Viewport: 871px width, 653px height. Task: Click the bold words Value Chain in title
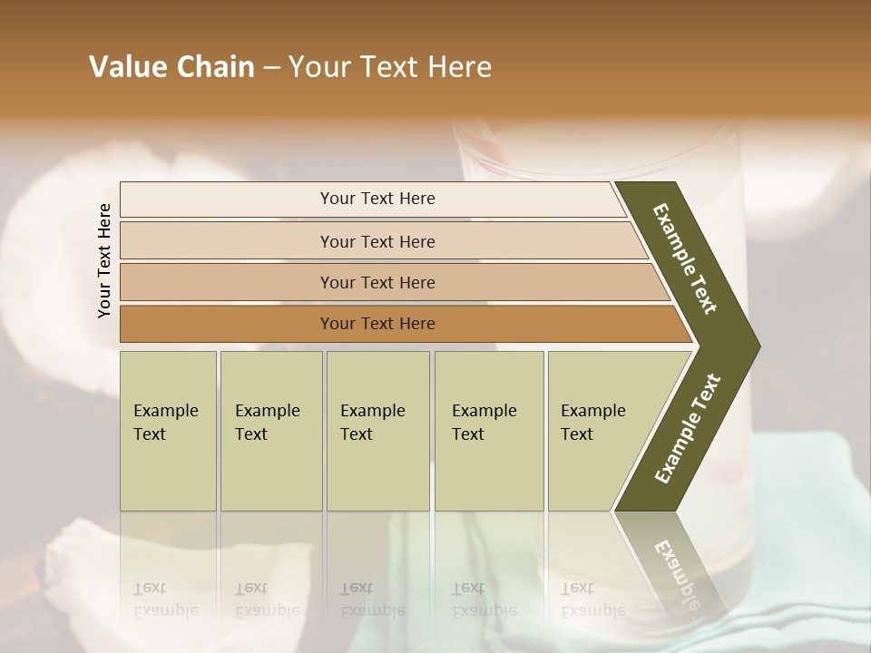click(171, 67)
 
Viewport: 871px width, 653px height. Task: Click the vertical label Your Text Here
click(104, 260)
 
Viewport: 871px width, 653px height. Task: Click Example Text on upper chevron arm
click(685, 258)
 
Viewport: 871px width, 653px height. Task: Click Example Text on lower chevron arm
click(688, 428)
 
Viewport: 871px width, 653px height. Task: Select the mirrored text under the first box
click(165, 599)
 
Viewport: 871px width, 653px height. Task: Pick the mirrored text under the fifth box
click(592, 599)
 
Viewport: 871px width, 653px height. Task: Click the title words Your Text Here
click(390, 67)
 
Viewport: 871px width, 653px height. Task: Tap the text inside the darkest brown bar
click(377, 324)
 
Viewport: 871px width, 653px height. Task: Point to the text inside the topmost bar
click(377, 199)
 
